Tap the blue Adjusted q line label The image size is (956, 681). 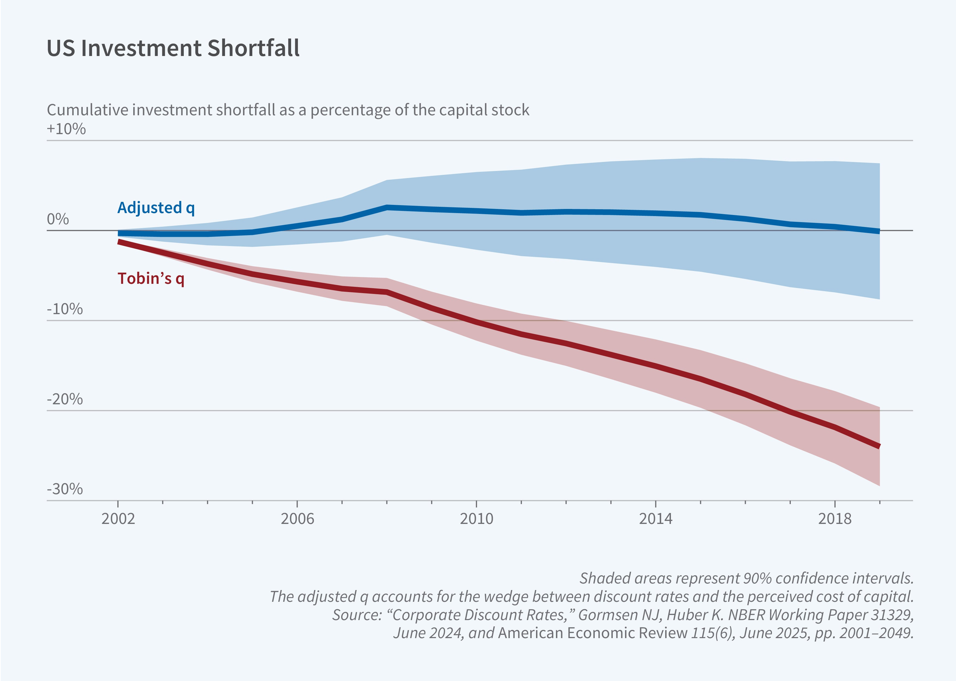[156, 208]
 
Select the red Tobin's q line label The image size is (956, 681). [151, 278]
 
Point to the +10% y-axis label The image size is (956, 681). [66, 129]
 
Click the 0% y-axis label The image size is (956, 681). [58, 219]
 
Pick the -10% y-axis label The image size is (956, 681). [65, 309]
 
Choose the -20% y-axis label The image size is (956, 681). [65, 399]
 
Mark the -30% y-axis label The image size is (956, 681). [65, 489]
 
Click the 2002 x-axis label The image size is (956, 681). [118, 519]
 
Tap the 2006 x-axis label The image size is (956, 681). [297, 519]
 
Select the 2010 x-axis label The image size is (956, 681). [476, 519]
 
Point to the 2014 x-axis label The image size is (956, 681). [656, 519]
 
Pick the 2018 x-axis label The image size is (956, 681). [835, 519]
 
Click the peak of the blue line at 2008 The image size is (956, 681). [387, 207]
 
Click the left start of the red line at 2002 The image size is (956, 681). [119, 241]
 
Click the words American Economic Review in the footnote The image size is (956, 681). [593, 633]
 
